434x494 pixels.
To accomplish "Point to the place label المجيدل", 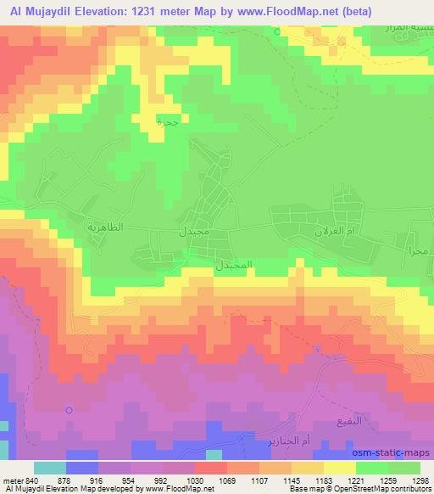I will tap(233, 265).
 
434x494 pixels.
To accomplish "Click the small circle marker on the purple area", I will tap(70, 410).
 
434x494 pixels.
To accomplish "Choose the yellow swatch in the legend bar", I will tap(339, 468).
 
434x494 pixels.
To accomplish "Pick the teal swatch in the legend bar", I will tap(49, 468).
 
